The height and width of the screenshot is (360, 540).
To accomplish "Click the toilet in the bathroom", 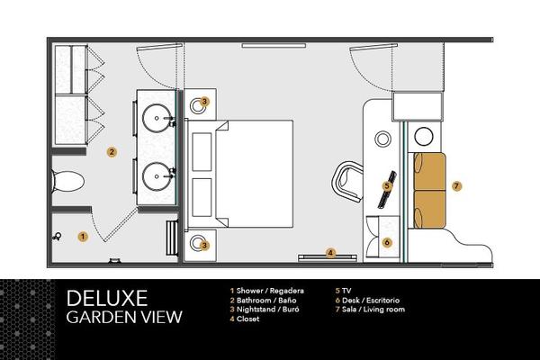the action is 67,182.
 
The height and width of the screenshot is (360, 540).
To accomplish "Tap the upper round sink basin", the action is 157,118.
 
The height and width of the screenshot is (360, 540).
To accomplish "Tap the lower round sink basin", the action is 157,176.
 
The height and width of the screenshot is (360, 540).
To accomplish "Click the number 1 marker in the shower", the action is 83,237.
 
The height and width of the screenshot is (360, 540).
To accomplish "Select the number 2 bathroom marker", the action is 112,152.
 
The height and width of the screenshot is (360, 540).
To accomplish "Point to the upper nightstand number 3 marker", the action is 204,102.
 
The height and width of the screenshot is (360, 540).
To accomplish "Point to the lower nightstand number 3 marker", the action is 204,246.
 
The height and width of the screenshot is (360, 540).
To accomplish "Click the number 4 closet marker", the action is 330,253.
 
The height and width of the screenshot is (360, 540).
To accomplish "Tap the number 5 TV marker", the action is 387,186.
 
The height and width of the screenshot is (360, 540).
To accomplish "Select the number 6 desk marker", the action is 387,242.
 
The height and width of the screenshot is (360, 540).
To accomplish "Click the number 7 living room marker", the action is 456,186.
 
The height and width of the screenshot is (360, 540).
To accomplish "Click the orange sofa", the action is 429,190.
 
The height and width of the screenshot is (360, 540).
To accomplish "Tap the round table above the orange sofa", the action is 424,137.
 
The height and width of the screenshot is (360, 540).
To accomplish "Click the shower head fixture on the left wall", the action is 57,237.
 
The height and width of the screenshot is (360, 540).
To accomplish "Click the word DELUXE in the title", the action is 107,298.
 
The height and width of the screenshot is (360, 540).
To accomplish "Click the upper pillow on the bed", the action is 202,152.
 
